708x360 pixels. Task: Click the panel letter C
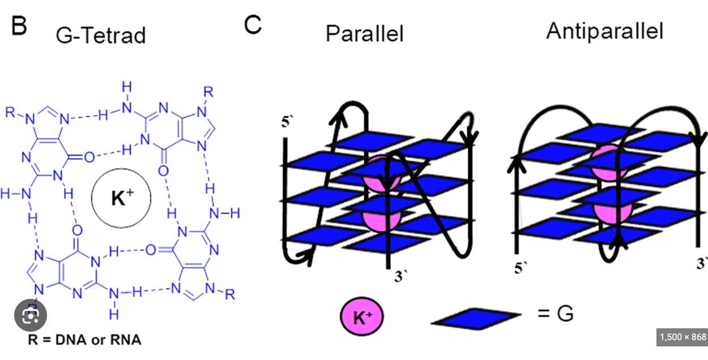[x=253, y=24]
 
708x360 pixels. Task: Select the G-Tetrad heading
[x=100, y=35]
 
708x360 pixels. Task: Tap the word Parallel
[x=364, y=33]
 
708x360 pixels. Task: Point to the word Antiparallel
[x=604, y=31]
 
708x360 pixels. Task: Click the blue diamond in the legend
[x=476, y=318]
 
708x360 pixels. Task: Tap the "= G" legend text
[x=555, y=313]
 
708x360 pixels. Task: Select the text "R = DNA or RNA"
[x=84, y=340]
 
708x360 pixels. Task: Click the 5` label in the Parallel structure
[x=288, y=122]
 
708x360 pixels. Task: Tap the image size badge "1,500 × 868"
[x=683, y=337]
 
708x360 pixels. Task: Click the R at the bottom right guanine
[x=229, y=294]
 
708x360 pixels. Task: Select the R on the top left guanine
[x=10, y=110]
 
